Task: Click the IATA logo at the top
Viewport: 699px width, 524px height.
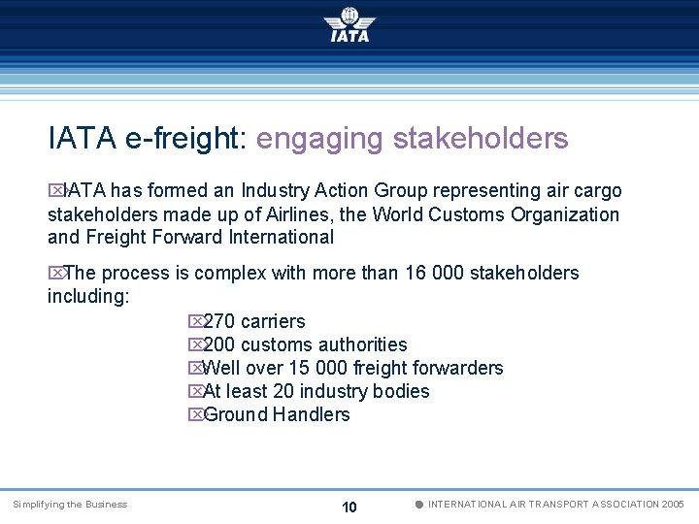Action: (349, 24)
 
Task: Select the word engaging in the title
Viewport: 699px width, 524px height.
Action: (319, 140)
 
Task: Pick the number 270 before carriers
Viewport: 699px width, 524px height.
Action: (220, 321)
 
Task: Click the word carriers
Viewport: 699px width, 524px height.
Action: (273, 321)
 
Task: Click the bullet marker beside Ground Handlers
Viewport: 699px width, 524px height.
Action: (195, 415)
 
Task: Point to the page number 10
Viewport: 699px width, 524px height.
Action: (349, 508)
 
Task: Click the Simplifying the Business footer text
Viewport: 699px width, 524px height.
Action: (70, 505)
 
